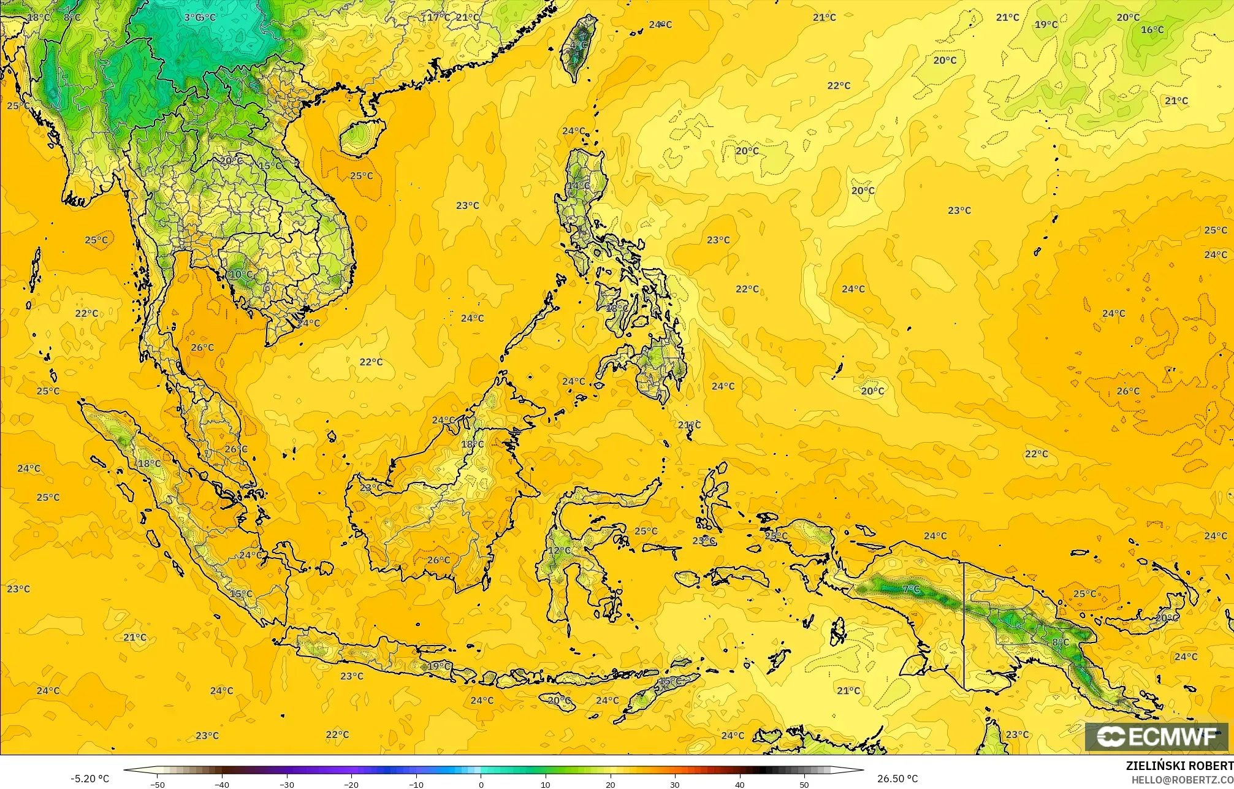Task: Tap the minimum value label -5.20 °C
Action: [x=90, y=779]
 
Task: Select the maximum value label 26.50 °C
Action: [x=897, y=779]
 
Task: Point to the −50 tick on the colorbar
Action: [x=158, y=784]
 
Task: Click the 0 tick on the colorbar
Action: [x=481, y=784]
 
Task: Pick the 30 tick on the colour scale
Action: [x=675, y=784]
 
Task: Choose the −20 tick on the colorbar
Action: [x=351, y=784]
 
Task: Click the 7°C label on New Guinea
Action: [x=911, y=589]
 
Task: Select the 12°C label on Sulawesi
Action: [x=559, y=551]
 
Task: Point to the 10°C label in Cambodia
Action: [x=240, y=274]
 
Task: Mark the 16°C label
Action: [x=1152, y=29]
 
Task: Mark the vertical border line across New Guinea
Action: [x=964, y=625]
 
